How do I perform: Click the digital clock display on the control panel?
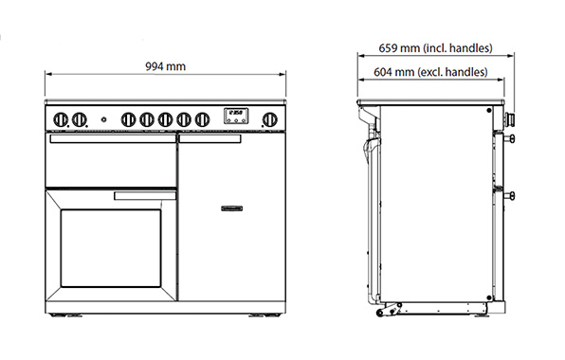point(235,117)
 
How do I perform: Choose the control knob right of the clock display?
point(269,119)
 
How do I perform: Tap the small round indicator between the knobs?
point(103,119)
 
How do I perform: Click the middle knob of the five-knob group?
point(165,119)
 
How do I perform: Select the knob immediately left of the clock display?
point(202,119)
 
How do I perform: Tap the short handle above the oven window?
point(144,196)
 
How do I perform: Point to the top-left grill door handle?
point(110,140)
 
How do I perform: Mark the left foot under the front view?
point(67,314)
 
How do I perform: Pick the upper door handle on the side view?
point(512,140)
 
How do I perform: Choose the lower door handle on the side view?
point(512,196)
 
